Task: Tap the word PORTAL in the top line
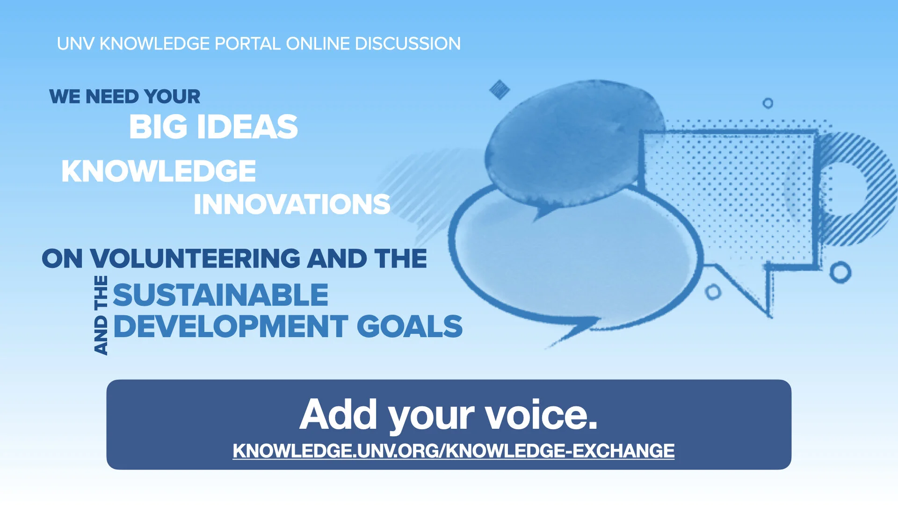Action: [247, 44]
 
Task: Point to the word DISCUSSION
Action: [407, 44]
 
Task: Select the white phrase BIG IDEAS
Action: [213, 127]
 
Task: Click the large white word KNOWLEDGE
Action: [159, 171]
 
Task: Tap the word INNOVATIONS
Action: [292, 204]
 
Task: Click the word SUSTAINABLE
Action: [220, 295]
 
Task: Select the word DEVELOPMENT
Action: [231, 326]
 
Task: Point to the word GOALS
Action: [409, 326]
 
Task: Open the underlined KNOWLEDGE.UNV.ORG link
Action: [453, 451]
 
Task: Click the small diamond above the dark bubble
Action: [499, 89]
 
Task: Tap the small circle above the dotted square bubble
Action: [768, 103]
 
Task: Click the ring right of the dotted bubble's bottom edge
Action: [840, 272]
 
